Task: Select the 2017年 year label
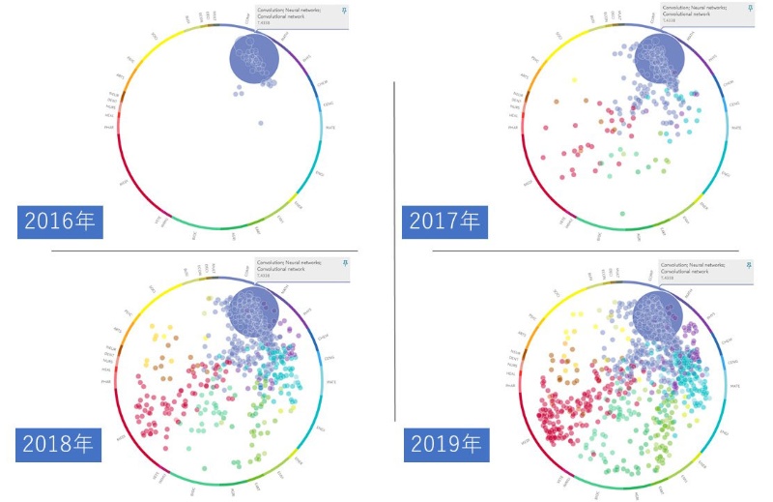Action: click(444, 221)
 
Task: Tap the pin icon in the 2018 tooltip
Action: click(343, 263)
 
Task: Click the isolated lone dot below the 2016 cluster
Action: click(261, 123)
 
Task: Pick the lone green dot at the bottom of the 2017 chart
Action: click(622, 213)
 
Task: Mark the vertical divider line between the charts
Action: click(395, 251)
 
